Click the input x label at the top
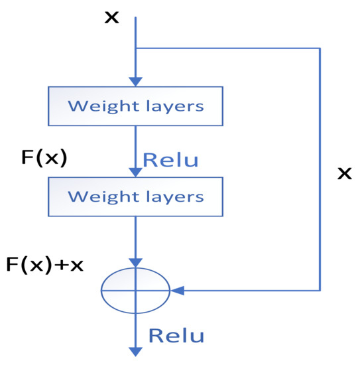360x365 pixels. click(x=112, y=17)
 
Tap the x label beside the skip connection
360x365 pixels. click(x=344, y=174)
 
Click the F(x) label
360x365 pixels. click(x=44, y=159)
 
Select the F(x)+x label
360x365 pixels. click(x=44, y=266)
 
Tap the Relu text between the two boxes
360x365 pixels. click(x=170, y=161)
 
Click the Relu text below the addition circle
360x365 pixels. click(x=176, y=335)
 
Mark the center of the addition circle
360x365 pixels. click(x=135, y=291)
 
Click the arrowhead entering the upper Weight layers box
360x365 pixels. click(x=135, y=82)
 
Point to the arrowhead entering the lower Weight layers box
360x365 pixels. click(x=135, y=173)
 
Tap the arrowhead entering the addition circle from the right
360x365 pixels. click(x=176, y=291)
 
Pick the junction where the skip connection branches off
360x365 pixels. click(x=135, y=48)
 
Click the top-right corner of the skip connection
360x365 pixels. click(x=320, y=48)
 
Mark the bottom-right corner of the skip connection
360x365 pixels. click(x=320, y=291)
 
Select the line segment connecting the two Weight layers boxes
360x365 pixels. click(x=135, y=146)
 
